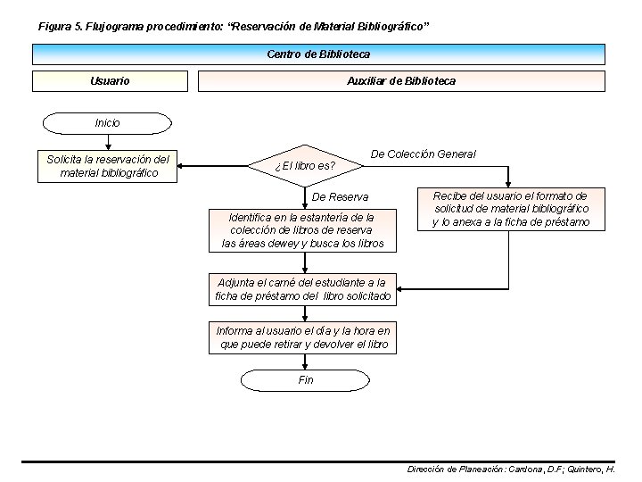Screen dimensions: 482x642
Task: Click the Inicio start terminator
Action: coord(107,122)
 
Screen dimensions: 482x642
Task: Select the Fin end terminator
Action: coord(305,380)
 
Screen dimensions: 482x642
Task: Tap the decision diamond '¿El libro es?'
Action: coord(305,165)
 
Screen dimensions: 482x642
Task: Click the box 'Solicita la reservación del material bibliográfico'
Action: coord(108,165)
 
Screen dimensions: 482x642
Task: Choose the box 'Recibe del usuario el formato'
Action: coord(510,209)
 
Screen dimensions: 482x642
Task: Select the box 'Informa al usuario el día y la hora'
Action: coord(303,337)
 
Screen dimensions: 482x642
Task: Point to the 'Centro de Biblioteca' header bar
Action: coord(318,54)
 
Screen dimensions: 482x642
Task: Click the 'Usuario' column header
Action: coord(110,81)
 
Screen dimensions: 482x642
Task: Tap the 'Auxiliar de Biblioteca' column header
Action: coord(400,81)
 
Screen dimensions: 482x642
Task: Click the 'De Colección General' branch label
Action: coord(423,154)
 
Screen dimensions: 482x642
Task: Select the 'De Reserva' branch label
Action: coord(340,196)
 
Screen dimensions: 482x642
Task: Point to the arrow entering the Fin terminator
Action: coord(305,362)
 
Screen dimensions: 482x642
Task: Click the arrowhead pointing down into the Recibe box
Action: coord(509,183)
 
